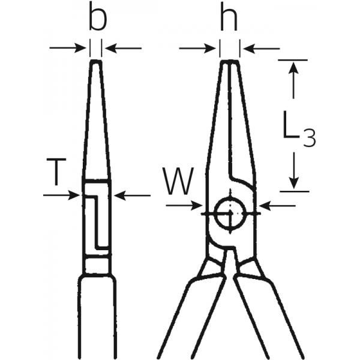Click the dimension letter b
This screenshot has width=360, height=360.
coord(97,19)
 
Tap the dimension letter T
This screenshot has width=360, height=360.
coord(55,172)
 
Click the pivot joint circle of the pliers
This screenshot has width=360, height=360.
coord(231,213)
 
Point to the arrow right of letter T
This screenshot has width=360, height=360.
coord(131,194)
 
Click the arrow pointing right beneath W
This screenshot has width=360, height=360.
coord(184,205)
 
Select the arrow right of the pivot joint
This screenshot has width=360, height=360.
coord(278,205)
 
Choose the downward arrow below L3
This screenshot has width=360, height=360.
coord(293,172)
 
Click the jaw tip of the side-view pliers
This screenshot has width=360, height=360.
coord(96,62)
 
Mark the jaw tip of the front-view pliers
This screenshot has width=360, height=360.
coord(230,62)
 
